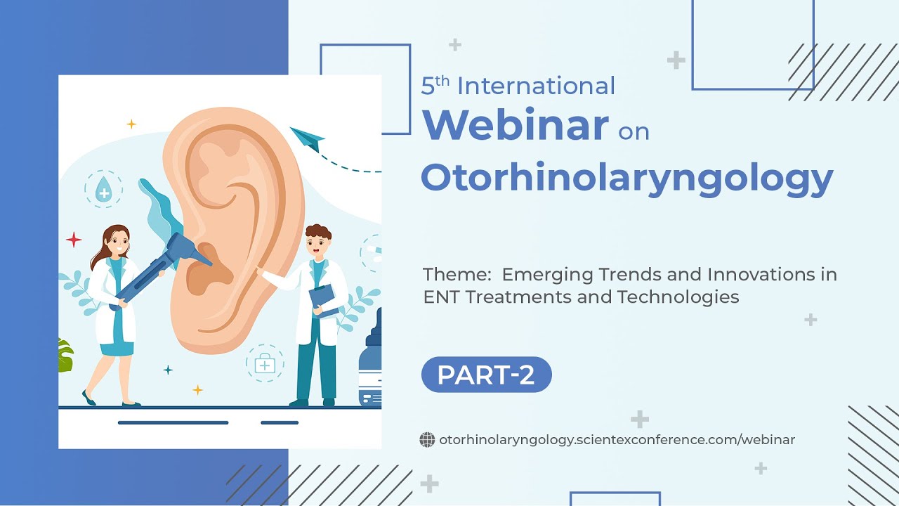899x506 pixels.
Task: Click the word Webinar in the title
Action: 515,125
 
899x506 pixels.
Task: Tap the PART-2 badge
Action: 486,375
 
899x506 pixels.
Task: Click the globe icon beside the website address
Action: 427,440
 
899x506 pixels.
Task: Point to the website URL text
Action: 617,440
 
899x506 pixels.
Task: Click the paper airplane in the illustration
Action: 307,138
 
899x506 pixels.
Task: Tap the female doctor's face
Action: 118,245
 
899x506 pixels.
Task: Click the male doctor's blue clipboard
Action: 324,300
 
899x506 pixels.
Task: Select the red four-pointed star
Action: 74,240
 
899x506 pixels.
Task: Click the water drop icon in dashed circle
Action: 103,189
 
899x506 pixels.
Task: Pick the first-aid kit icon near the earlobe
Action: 265,363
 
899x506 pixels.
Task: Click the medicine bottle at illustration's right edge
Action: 370,365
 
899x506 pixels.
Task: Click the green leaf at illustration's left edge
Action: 65,356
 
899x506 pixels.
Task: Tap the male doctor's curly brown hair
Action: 318,232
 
